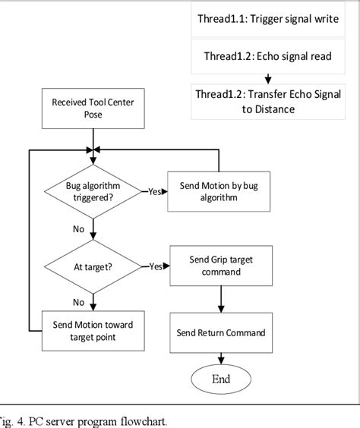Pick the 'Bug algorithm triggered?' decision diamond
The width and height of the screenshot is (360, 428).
click(92, 192)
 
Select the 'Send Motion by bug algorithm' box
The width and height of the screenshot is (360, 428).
click(219, 191)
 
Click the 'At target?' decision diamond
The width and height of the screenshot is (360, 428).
click(92, 266)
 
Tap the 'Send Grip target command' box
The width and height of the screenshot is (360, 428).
click(220, 266)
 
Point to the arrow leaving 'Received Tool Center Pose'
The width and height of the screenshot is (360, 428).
click(92, 138)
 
